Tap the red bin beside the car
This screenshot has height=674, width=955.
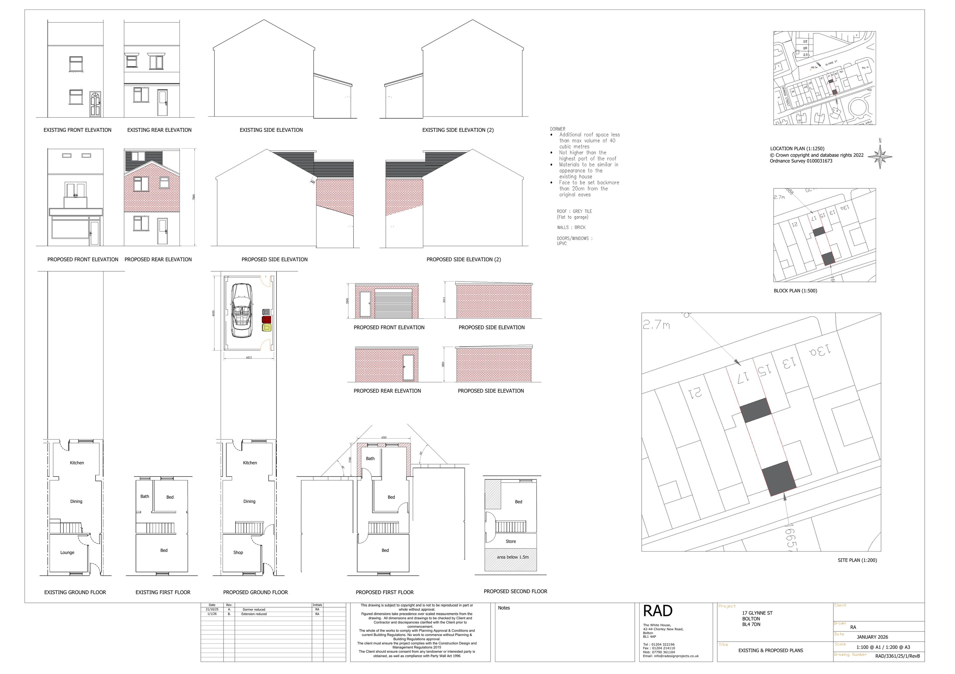point(266,320)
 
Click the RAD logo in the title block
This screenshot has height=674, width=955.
point(658,611)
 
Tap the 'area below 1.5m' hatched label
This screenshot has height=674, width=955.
point(513,557)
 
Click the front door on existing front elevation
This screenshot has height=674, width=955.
point(95,104)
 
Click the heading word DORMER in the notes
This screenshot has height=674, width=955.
point(557,129)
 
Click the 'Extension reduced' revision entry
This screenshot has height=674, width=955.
point(254,614)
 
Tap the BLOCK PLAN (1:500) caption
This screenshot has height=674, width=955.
point(795,290)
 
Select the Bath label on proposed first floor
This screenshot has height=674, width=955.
point(370,458)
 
